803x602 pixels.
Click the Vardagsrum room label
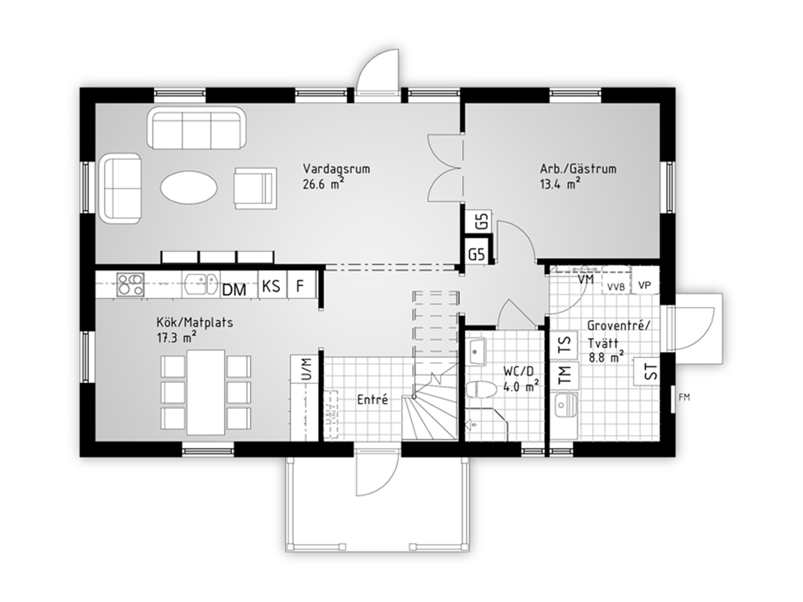pos(336,169)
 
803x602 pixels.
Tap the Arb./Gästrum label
pos(578,168)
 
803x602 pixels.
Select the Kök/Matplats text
pos(195,323)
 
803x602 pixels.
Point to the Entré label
pos(373,400)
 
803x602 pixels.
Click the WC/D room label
pos(519,372)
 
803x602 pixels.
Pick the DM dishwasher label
pos(234,290)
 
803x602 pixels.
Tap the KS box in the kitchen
pos(271,285)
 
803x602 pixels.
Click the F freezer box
pos(300,285)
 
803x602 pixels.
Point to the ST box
pos(646,372)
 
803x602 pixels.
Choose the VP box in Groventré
pos(644,285)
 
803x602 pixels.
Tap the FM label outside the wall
pos(684,398)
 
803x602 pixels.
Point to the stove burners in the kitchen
pos(130,285)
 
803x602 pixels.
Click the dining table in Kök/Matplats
pos(206,392)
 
